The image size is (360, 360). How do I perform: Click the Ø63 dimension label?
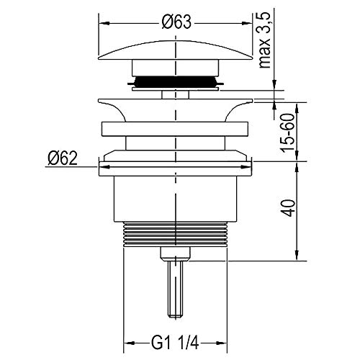(x=176, y=22)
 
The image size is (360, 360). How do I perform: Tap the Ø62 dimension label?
(x=63, y=158)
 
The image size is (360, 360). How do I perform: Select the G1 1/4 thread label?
(x=175, y=343)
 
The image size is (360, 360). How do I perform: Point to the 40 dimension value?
(x=289, y=208)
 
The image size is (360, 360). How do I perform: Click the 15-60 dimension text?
(x=288, y=133)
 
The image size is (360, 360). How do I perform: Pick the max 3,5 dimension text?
(x=265, y=40)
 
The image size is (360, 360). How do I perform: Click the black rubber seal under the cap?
(x=176, y=82)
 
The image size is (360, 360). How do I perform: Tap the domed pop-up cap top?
(x=176, y=50)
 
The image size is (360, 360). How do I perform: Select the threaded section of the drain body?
(x=175, y=234)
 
